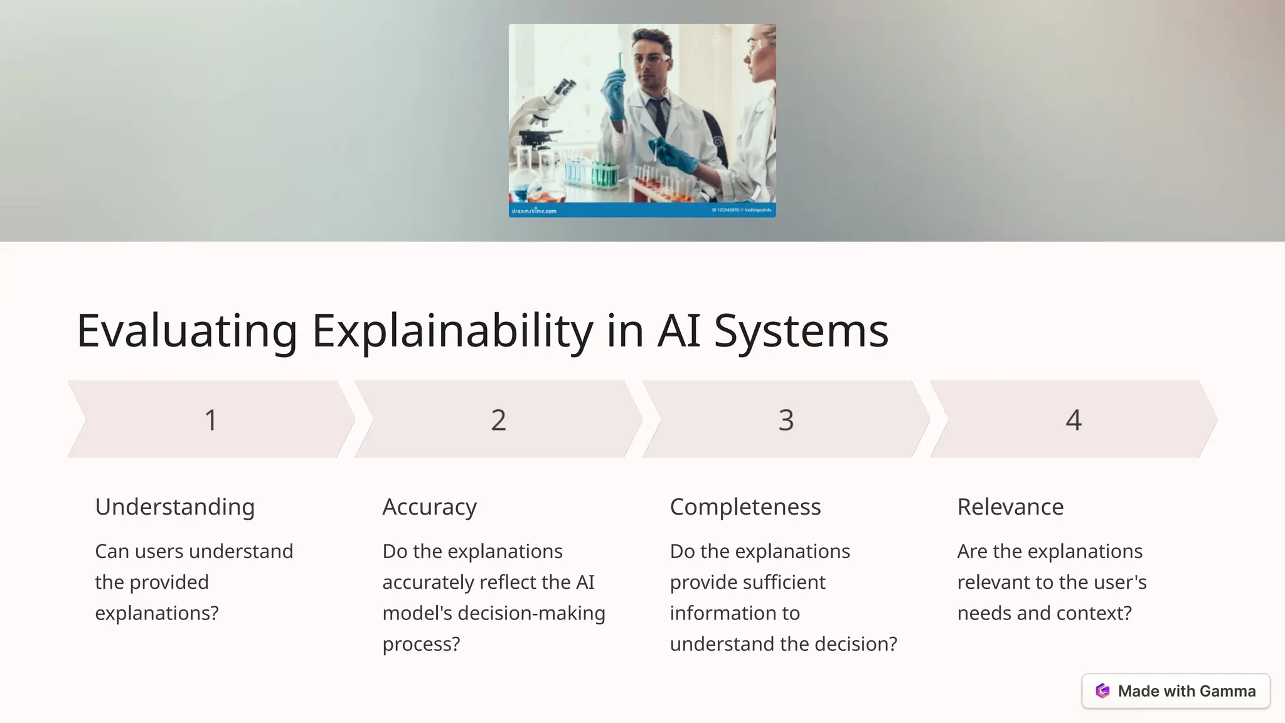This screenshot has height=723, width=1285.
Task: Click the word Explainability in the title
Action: [x=452, y=331]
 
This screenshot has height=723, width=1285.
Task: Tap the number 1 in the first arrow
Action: [x=211, y=420]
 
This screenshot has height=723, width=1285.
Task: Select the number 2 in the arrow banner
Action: [x=498, y=420]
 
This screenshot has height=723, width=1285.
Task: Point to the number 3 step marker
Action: [x=786, y=420]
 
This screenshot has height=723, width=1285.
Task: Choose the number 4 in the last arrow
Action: [x=1073, y=420]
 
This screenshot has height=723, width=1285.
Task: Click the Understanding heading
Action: [x=174, y=506]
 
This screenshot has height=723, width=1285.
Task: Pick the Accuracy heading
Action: [x=429, y=506]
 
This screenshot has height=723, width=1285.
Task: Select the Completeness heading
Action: [x=745, y=506]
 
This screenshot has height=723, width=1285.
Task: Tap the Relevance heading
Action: [x=1010, y=506]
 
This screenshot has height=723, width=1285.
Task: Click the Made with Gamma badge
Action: [x=1176, y=691]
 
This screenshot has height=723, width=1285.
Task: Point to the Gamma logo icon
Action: [x=1102, y=691]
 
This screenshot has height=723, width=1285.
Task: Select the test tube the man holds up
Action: [x=620, y=63]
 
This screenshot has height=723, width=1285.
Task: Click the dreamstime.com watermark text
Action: [x=534, y=211]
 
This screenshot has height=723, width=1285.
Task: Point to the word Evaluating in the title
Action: [x=187, y=331]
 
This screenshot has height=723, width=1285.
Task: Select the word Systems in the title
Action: [x=801, y=331]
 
